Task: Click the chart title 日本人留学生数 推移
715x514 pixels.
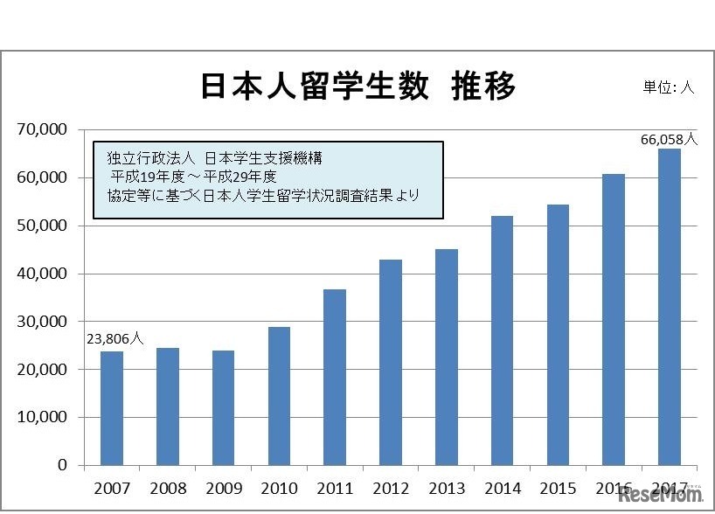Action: coord(358,87)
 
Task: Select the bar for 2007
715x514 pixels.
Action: coord(112,407)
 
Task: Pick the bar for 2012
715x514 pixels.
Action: coord(391,362)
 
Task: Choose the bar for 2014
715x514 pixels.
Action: coord(502,340)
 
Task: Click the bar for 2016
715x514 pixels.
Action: coord(614,319)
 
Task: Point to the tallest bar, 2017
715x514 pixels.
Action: coord(669,307)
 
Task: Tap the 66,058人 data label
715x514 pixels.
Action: coord(669,139)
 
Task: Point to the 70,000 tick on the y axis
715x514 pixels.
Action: coord(42,130)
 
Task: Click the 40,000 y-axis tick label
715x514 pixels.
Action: coord(42,274)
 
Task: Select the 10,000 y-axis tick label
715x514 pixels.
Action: coord(42,417)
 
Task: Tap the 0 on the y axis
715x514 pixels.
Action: coord(62,465)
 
